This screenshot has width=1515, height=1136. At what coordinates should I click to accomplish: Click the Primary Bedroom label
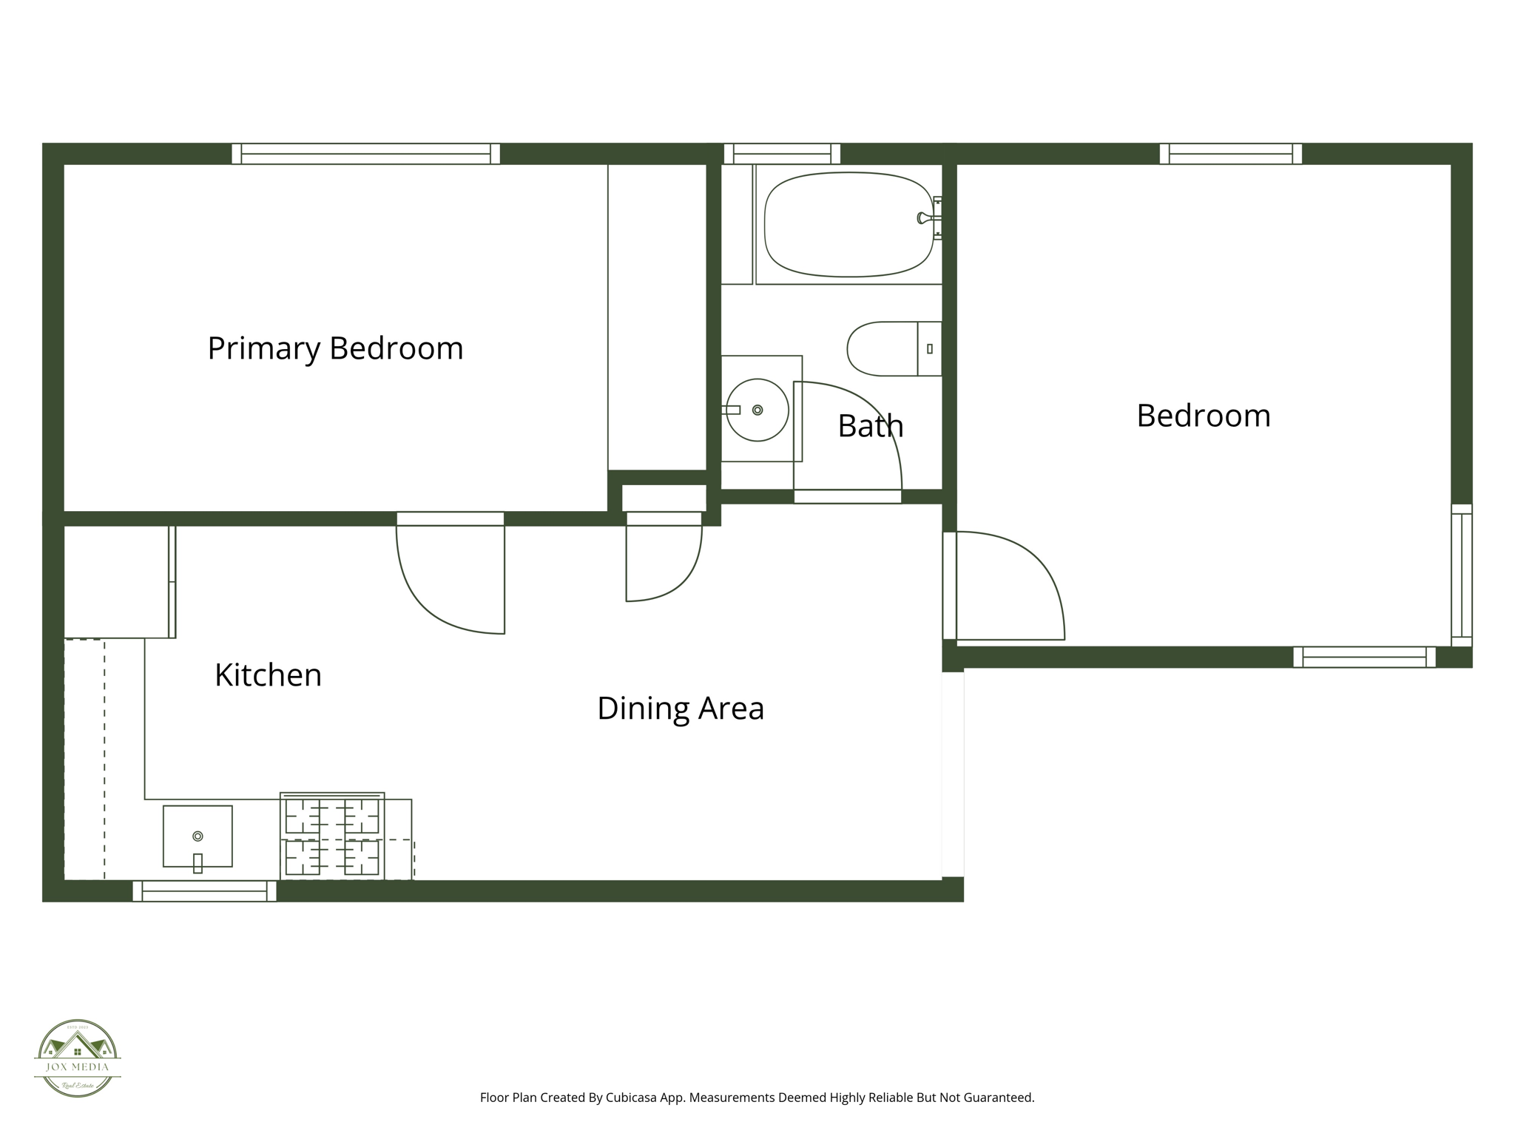click(x=335, y=348)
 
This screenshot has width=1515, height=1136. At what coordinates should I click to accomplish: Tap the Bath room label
click(x=870, y=426)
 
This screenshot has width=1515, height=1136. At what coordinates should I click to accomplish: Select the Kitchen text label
click(x=268, y=675)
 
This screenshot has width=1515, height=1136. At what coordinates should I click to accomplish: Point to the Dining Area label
click(x=680, y=709)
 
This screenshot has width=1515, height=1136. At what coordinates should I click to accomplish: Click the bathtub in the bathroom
click(x=848, y=225)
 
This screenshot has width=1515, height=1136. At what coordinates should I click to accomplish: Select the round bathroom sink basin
click(x=757, y=410)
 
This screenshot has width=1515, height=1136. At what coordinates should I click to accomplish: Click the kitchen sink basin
click(x=198, y=836)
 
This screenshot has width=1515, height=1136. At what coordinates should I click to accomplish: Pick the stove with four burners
click(x=332, y=837)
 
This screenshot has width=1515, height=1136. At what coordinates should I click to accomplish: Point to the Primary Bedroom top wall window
click(x=365, y=154)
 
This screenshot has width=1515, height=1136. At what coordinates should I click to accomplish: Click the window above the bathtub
click(x=782, y=154)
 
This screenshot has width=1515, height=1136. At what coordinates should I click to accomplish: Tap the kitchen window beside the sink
click(x=204, y=891)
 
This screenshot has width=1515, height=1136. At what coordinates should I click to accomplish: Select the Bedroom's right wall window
click(x=1461, y=575)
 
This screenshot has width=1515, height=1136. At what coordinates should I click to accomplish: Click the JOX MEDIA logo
click(x=78, y=1058)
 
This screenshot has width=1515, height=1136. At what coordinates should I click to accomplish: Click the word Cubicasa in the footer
click(x=631, y=1098)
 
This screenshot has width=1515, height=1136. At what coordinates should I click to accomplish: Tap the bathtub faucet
click(x=925, y=217)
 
